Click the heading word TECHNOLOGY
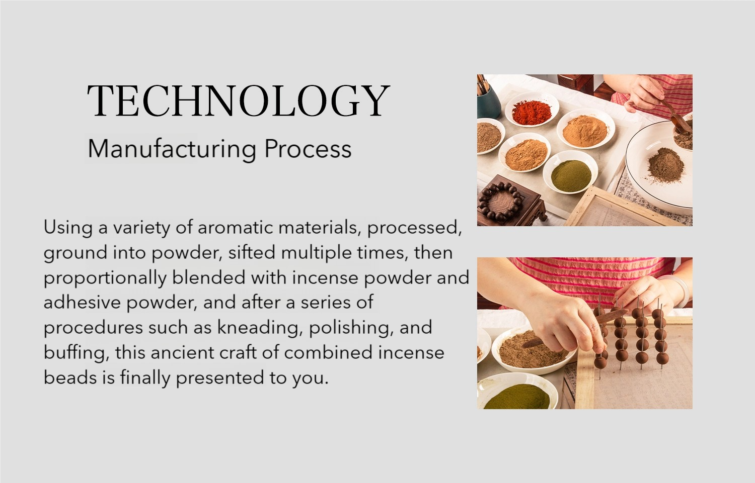pos(239,101)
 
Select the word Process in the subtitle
pos(308,149)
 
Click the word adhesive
pos(82,302)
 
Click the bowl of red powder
pos(532,110)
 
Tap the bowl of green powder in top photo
pos(570,172)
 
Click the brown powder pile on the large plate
pos(666,166)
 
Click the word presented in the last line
pos(220,378)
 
